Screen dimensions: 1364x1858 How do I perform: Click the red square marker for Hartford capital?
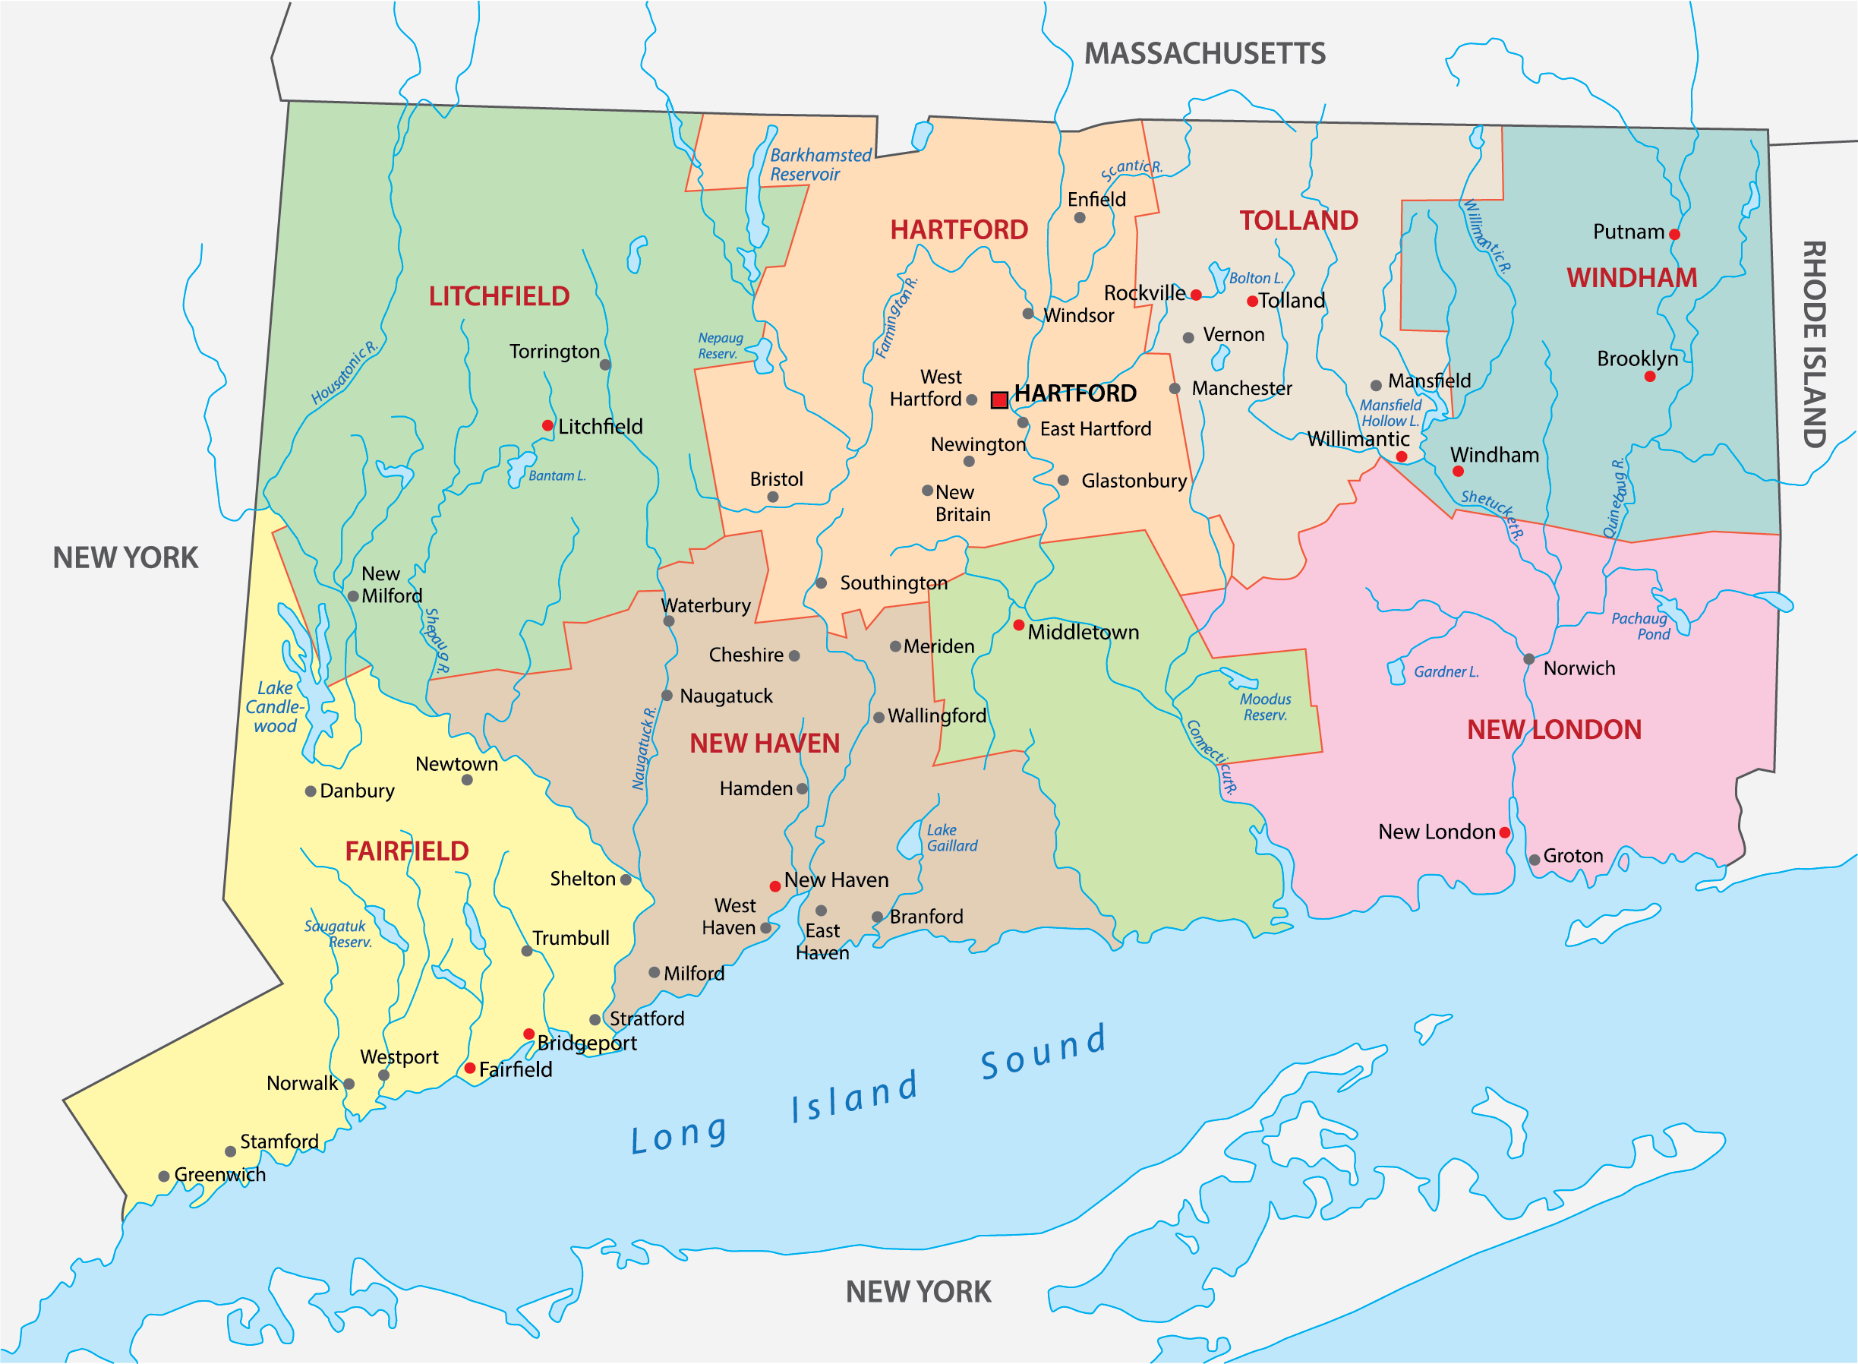[998, 400]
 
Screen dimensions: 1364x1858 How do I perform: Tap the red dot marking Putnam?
[1675, 235]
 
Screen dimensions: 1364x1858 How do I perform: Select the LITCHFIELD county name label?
[499, 296]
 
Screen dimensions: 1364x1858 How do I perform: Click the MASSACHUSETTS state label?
[1204, 54]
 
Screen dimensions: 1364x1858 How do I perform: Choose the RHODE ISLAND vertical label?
[1813, 344]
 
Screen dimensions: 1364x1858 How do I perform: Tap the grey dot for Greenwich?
[164, 1176]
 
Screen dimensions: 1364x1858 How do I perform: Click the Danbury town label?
[357, 791]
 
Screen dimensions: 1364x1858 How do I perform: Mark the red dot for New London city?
[1505, 833]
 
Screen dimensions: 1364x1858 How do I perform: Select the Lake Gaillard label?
[951, 838]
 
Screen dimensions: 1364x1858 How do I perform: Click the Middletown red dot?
[1018, 625]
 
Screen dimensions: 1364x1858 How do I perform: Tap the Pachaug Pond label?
[1641, 627]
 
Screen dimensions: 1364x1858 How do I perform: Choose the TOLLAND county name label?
[1298, 220]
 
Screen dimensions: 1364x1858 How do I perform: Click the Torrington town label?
[554, 352]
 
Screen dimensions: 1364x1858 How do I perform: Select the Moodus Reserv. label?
[1265, 708]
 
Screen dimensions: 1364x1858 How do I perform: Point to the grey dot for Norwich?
[1528, 659]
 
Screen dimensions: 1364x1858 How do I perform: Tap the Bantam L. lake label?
[557, 476]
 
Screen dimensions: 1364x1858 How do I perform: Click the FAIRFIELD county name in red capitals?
[406, 851]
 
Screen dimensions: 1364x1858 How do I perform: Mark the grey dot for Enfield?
[1080, 218]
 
